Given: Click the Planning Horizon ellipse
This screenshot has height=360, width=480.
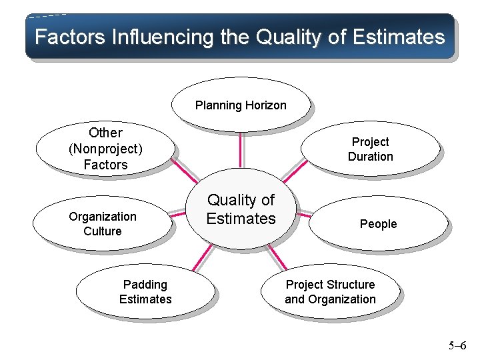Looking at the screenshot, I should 241,105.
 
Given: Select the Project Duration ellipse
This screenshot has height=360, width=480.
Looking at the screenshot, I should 371,149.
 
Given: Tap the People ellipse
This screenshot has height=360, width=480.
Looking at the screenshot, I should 379,224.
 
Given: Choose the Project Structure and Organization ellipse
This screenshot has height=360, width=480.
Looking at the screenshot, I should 331,292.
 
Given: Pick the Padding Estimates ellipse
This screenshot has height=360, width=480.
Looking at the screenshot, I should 145,292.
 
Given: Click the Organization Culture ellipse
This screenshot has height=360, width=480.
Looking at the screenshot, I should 103,223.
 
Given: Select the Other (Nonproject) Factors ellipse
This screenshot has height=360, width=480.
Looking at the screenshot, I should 105,148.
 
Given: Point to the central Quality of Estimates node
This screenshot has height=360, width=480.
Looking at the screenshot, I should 241,209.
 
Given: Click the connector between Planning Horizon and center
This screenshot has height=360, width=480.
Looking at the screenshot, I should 241,152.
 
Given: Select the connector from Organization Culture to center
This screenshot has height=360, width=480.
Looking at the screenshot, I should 177,215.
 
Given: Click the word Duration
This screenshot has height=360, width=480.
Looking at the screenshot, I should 371,157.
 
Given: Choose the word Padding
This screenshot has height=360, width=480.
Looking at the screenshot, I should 145,285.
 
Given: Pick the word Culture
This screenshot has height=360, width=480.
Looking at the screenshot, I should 103,231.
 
